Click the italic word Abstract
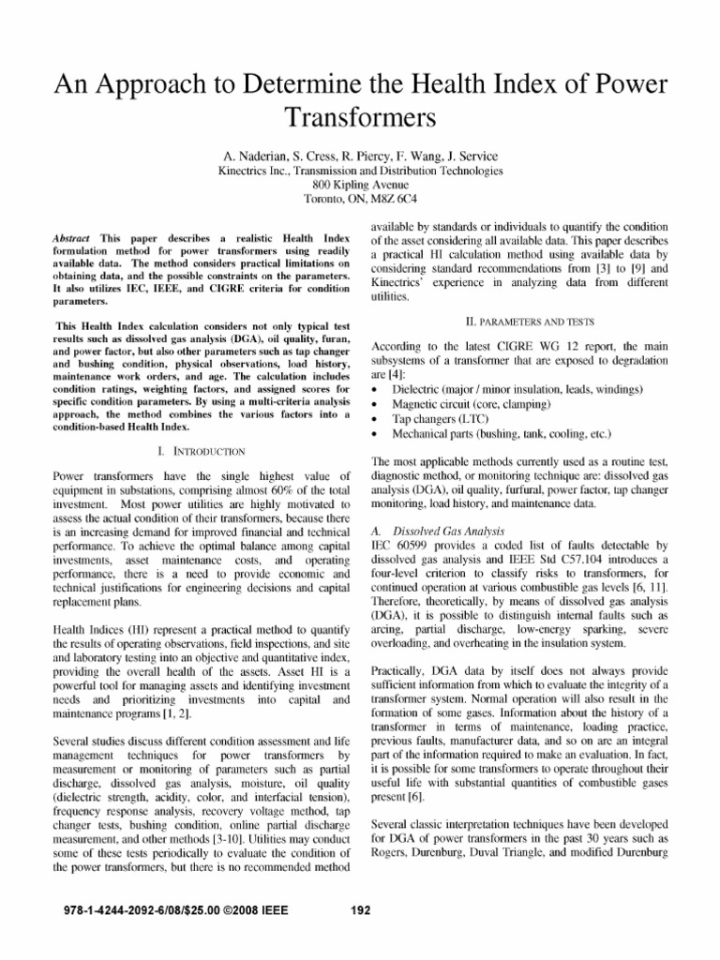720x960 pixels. click(x=70, y=239)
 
